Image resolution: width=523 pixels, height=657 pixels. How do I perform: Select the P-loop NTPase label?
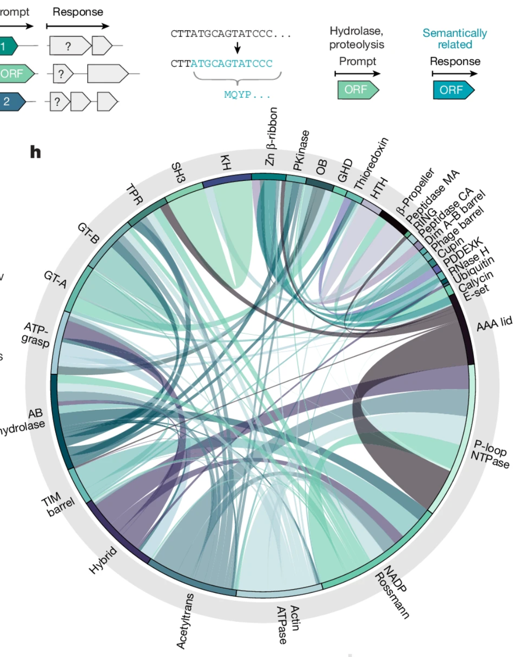pos(490,454)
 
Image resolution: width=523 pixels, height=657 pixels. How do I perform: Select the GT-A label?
pos(55,279)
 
